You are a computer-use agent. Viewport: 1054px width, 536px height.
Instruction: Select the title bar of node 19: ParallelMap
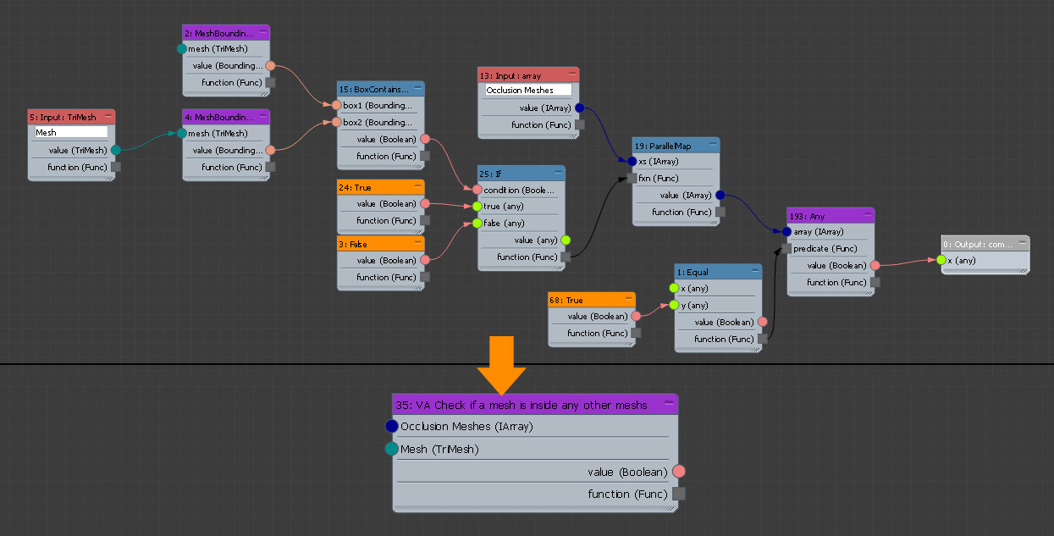669,145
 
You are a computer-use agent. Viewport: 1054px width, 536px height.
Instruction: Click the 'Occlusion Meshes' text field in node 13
528,90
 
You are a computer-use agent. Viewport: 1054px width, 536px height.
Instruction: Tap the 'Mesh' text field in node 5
70,133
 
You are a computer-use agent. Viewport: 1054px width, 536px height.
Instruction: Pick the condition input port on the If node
477,190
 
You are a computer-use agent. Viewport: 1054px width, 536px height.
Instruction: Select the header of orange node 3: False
373,244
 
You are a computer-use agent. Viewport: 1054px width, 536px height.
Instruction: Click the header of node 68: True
583,300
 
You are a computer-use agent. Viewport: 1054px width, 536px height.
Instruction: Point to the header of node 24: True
373,187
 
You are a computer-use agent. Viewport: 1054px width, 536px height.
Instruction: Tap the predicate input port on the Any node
786,249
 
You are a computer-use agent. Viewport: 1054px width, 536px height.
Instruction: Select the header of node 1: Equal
711,272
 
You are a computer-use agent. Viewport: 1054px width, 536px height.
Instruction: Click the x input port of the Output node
941,260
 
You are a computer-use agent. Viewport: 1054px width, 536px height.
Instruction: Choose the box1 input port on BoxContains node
337,106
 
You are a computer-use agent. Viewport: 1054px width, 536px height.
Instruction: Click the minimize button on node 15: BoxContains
418,88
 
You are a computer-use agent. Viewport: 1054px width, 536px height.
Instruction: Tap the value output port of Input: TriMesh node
116,150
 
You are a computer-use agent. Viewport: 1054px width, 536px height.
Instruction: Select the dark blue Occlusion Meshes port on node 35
391,426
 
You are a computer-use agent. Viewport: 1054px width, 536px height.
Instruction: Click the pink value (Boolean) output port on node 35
678,472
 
